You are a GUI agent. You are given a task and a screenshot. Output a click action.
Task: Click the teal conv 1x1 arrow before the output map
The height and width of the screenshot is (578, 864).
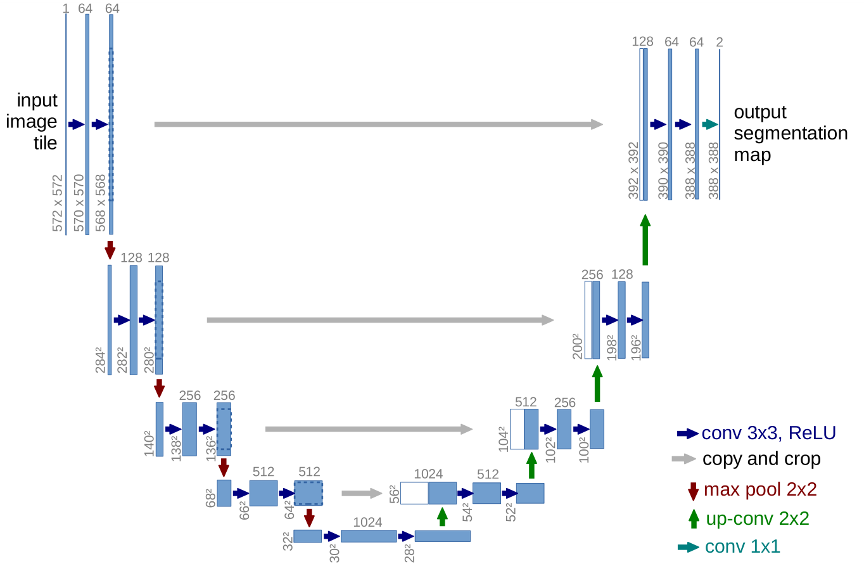pos(710,124)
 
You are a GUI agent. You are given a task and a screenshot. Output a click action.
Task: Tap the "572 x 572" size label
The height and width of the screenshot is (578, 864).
pos(58,203)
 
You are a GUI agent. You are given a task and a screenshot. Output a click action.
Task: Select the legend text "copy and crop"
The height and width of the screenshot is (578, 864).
pos(761,459)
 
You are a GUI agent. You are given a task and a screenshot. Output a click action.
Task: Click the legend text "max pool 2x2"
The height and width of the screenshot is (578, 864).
pos(760,489)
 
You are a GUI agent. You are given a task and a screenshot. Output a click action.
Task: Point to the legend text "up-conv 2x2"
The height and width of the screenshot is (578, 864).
pos(758,518)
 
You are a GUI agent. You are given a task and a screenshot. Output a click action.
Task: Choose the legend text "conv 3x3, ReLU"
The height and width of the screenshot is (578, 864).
pos(769,433)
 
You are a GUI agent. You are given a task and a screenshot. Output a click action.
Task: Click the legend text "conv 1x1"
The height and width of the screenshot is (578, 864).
pos(742,546)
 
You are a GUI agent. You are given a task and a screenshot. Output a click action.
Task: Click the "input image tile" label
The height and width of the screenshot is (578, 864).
pos(33,121)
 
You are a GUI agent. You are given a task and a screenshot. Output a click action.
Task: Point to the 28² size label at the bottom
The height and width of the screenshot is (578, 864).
pos(409,553)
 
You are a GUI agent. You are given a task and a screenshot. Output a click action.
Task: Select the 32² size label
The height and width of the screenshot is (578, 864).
pos(288,541)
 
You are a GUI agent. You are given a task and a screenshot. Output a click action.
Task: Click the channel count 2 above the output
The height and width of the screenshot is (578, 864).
pos(720,42)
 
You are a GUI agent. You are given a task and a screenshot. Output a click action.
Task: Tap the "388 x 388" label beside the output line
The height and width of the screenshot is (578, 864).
pos(714,170)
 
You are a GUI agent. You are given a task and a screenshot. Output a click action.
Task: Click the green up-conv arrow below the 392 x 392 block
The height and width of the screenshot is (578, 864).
pos(645,240)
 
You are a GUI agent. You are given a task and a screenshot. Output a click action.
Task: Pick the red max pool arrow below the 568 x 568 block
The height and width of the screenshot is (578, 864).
pos(110,249)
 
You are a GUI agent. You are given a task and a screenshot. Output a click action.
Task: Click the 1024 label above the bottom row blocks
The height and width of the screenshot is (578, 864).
pos(367,522)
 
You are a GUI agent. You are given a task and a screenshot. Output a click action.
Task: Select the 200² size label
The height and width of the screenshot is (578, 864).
pos(578,346)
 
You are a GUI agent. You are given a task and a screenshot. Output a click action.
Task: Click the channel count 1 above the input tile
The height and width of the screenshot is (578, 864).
pos(66,8)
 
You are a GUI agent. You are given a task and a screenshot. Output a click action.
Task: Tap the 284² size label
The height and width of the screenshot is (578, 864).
pos(101,359)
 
